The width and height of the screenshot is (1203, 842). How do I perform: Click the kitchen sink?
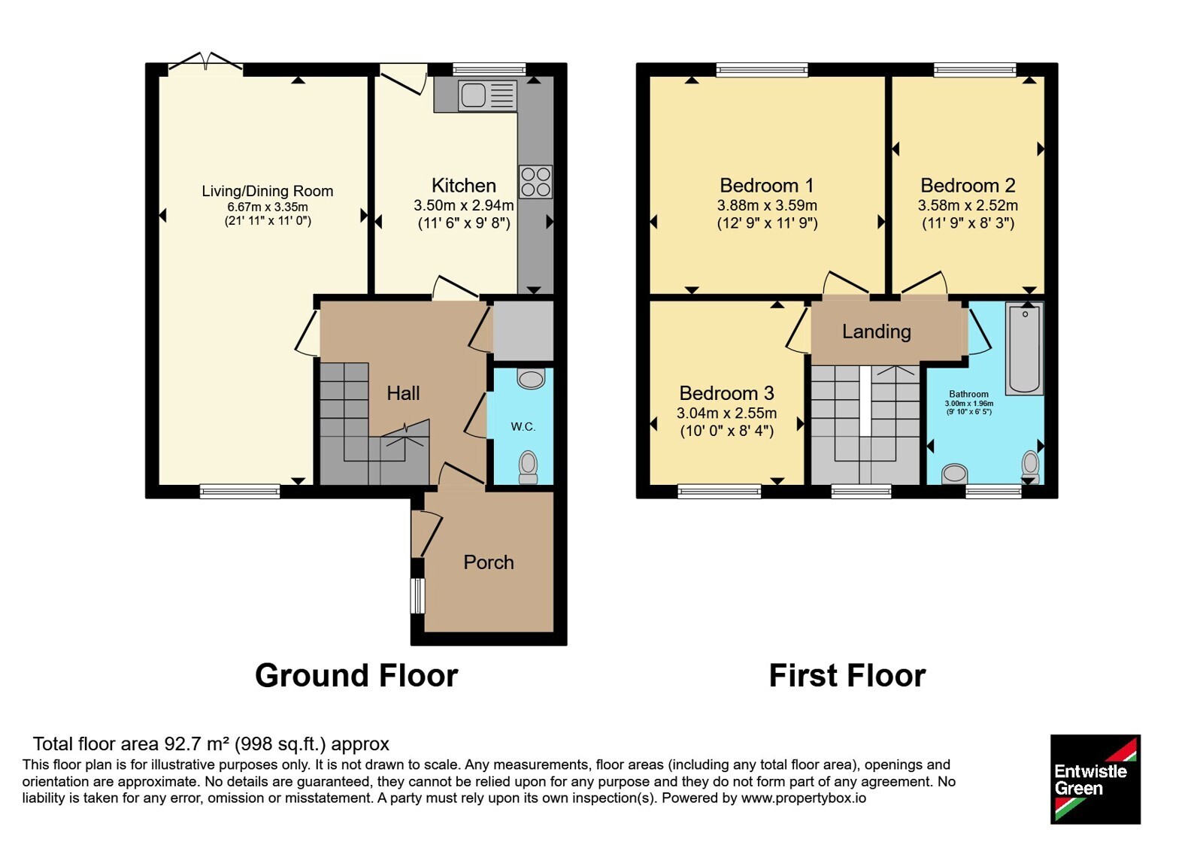(x=487, y=95)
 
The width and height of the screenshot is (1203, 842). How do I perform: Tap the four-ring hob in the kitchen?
(x=535, y=182)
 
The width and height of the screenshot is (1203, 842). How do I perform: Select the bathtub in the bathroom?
(x=1025, y=349)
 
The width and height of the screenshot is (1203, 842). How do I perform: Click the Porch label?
(x=488, y=562)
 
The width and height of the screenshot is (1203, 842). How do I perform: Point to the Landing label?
(x=877, y=332)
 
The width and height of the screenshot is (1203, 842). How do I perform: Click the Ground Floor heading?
(x=356, y=675)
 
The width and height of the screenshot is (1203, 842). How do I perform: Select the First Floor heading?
(x=847, y=675)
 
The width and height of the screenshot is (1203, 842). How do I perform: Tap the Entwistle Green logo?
(x=1095, y=779)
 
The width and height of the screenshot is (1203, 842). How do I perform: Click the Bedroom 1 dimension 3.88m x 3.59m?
(x=767, y=205)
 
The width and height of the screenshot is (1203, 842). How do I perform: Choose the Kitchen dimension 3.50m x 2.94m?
(x=463, y=205)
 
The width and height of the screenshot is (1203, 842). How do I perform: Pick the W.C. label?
(x=523, y=427)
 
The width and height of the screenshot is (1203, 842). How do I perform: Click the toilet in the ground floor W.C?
(x=528, y=467)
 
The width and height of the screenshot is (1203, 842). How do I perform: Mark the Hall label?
(x=403, y=393)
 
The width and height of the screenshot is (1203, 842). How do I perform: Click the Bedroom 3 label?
(x=726, y=393)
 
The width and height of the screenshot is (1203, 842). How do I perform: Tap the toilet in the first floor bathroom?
(x=1031, y=467)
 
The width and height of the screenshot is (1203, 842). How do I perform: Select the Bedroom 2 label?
(x=968, y=185)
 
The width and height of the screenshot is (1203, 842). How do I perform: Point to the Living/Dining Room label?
(x=268, y=191)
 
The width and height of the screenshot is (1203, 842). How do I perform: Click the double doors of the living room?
(x=205, y=61)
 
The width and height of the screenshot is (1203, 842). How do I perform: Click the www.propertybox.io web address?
(x=804, y=798)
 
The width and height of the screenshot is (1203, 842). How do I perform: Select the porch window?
(x=417, y=595)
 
